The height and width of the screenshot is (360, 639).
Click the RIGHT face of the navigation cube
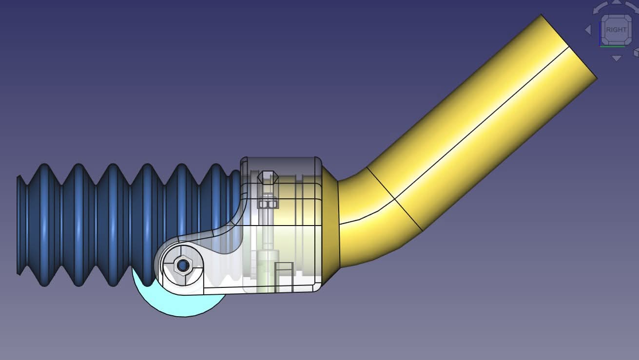click(x=616, y=30)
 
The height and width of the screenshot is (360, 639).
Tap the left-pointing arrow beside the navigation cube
click(x=588, y=30)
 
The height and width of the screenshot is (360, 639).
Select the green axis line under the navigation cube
click(x=612, y=46)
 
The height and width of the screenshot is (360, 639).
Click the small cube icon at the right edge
click(x=636, y=52)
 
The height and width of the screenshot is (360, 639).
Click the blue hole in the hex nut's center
click(x=183, y=265)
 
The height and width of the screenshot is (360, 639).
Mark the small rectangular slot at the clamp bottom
click(x=284, y=277)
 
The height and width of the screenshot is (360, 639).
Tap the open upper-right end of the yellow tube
click(x=569, y=46)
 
